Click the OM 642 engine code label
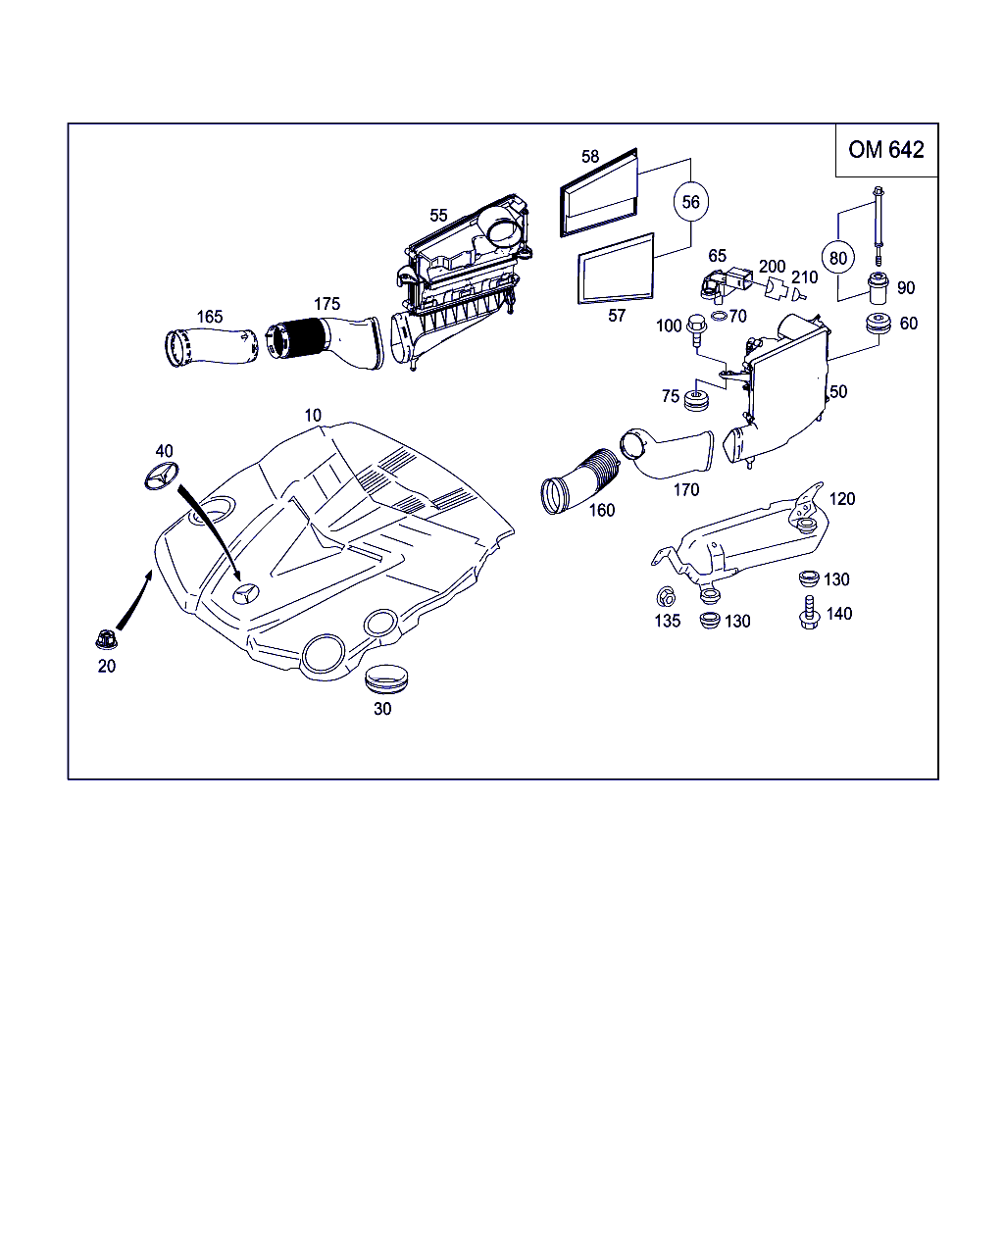click(x=885, y=150)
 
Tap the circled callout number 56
click(x=691, y=202)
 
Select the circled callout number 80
click(x=837, y=258)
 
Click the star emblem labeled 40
click(x=163, y=478)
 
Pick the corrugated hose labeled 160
click(x=578, y=481)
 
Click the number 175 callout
click(x=326, y=303)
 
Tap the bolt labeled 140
click(x=810, y=614)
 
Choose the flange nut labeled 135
click(x=665, y=596)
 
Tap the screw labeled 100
click(x=697, y=327)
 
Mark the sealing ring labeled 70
click(x=719, y=316)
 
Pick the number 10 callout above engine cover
click(x=312, y=416)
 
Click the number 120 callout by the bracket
click(x=841, y=499)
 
